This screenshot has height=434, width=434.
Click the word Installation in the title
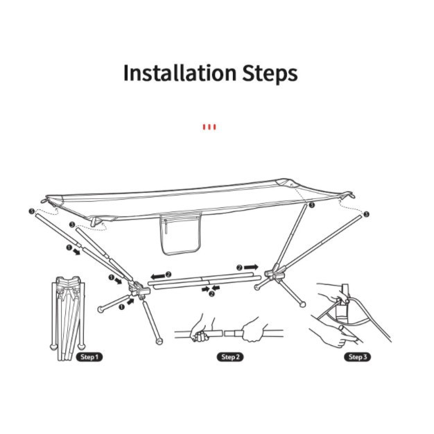click(180, 73)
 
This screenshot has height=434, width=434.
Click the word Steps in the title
click(270, 73)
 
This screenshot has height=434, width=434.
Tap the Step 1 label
click(89, 357)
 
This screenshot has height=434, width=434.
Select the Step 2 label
click(230, 357)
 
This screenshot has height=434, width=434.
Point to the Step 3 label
click(357, 357)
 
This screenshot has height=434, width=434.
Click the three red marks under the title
click(209, 127)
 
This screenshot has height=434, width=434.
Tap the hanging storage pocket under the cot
click(181, 234)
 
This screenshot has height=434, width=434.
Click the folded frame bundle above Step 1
click(67, 318)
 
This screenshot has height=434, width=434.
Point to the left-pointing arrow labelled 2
click(158, 276)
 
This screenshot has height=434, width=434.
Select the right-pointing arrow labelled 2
click(251, 267)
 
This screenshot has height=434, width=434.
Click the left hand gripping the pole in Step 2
click(200, 329)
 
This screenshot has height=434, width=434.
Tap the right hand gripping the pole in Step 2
click(254, 330)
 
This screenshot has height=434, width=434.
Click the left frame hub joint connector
click(139, 289)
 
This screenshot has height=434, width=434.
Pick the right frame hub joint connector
click(275, 273)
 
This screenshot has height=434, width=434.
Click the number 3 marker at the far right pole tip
click(367, 214)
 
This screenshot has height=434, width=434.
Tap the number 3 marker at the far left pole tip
click(32, 211)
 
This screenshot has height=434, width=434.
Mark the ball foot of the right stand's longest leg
click(303, 304)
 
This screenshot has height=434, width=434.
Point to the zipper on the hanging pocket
click(166, 226)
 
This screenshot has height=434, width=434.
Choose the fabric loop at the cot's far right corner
click(349, 195)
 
